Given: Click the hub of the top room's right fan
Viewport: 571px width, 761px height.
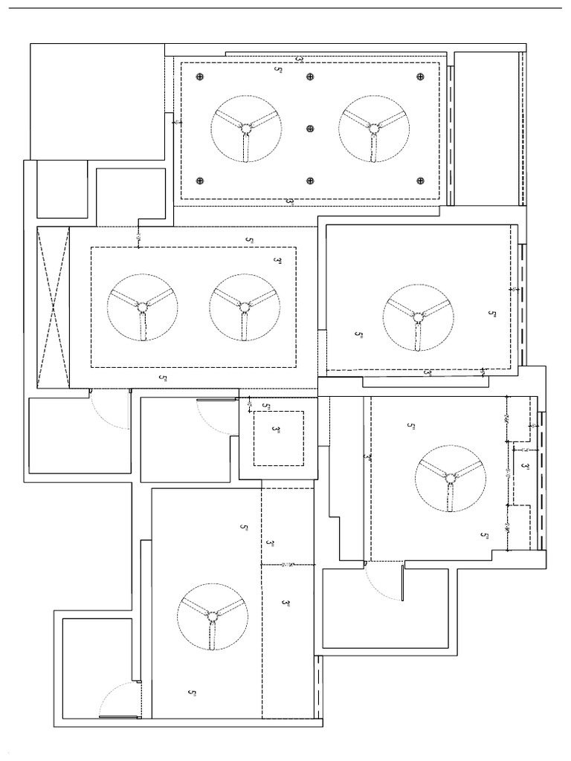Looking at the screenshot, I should tap(373, 127).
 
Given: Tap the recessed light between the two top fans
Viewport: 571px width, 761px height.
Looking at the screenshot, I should tap(309, 128).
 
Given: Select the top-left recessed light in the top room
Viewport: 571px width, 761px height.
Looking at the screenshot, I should tap(199, 77).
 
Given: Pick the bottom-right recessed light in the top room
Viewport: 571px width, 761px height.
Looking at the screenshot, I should tap(420, 180).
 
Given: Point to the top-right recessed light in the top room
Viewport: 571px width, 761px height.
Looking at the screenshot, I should tap(420, 77).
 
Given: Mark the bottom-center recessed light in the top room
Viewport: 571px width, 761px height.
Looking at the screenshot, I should tap(309, 180).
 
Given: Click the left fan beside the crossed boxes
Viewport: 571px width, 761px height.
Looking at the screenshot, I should tap(141, 306).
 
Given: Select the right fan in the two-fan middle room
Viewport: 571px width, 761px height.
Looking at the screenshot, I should tap(243, 306).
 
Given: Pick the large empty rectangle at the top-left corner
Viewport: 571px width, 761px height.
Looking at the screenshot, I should tap(97, 100).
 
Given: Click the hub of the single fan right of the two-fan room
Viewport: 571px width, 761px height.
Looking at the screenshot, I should tap(418, 318).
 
